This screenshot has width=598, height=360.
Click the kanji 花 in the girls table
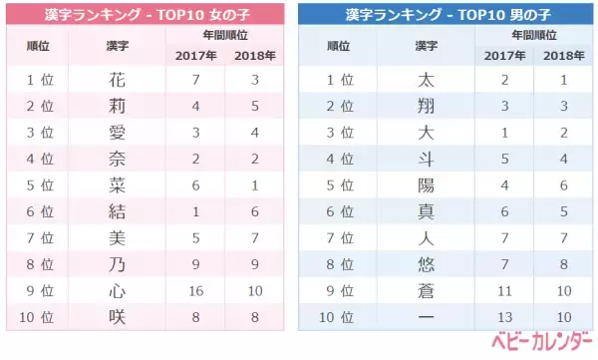click(117, 80)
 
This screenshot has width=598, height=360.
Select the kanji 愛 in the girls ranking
click(117, 132)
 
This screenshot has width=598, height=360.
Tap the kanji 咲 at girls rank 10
click(117, 315)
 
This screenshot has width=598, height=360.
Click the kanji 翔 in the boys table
click(427, 106)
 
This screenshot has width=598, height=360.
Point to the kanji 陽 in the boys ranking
click(427, 184)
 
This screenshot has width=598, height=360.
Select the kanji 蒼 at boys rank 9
click(427, 289)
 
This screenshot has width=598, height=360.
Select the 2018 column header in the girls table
click(254, 54)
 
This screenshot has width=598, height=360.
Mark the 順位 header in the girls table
click(39, 46)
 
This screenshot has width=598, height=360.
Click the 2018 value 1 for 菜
click(254, 184)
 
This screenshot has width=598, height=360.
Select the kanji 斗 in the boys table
click(427, 158)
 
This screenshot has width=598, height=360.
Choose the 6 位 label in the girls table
click(39, 210)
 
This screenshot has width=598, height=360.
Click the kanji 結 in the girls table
click(117, 210)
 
